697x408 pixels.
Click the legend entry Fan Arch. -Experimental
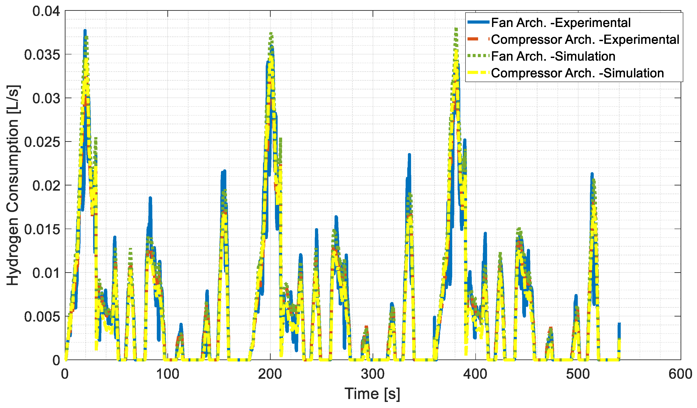coord(561,23)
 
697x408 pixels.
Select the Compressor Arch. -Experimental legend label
coord(585,40)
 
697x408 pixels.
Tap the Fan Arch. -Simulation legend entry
coord(553,56)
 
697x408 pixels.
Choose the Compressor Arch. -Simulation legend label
coord(578,73)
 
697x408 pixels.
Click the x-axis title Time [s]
coord(372,394)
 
